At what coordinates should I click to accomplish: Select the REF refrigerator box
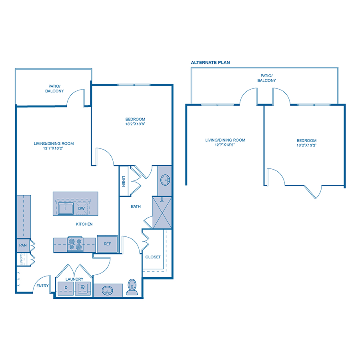[107, 244]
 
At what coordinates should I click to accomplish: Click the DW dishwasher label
[81, 208]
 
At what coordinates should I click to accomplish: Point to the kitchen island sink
[65, 208]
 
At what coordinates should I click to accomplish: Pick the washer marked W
[83, 287]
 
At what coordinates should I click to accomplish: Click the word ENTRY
[42, 286]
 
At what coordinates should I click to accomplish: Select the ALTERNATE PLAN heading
[210, 62]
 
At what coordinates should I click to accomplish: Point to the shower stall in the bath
[162, 212]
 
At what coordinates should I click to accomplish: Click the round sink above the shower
[164, 181]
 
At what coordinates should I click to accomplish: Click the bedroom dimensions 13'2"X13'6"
[135, 124]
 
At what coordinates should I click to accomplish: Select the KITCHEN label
[84, 224]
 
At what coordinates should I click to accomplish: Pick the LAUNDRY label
[74, 279]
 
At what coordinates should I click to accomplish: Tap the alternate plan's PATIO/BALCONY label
[266, 78]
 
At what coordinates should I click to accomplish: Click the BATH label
[136, 207]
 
